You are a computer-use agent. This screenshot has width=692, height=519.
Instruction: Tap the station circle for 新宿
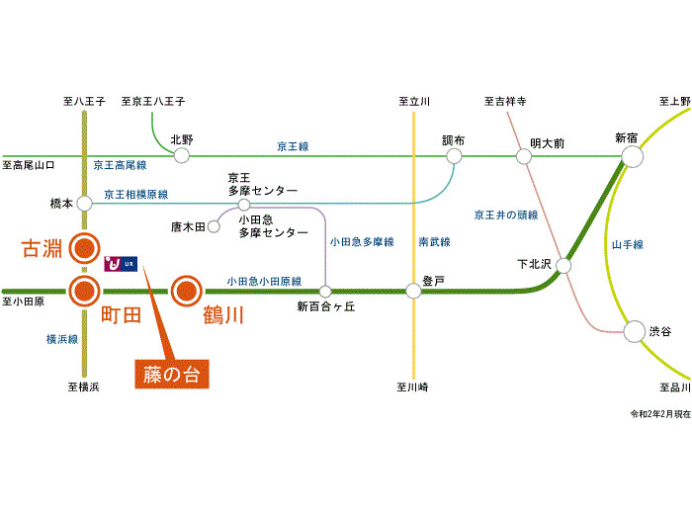pyautogui.click(x=631, y=156)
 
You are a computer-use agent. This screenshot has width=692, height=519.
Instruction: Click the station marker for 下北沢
pyautogui.click(x=563, y=265)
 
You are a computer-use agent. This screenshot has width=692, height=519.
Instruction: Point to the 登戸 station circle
pyautogui.click(x=413, y=291)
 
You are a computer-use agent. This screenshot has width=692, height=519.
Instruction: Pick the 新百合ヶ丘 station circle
pyautogui.click(x=325, y=291)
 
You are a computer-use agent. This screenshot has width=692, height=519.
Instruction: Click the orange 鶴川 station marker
pyautogui.click(x=186, y=291)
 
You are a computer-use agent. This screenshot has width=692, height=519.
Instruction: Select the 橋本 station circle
pyautogui.click(x=84, y=203)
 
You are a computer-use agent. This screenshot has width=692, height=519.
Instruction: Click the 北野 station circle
pyautogui.click(x=181, y=156)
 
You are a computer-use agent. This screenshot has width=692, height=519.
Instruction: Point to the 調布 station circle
pyautogui.click(x=454, y=156)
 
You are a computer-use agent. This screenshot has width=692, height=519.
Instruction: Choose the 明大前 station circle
pyautogui.click(x=523, y=156)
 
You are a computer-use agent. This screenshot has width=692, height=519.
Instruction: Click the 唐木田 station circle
pyautogui.click(x=213, y=226)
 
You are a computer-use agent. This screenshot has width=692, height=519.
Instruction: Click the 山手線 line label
pyautogui.click(x=627, y=243)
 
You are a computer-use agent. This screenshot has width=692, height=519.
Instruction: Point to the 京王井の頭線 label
pyautogui.click(x=505, y=215)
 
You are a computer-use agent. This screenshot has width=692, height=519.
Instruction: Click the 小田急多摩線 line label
pyautogui.click(x=361, y=241)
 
